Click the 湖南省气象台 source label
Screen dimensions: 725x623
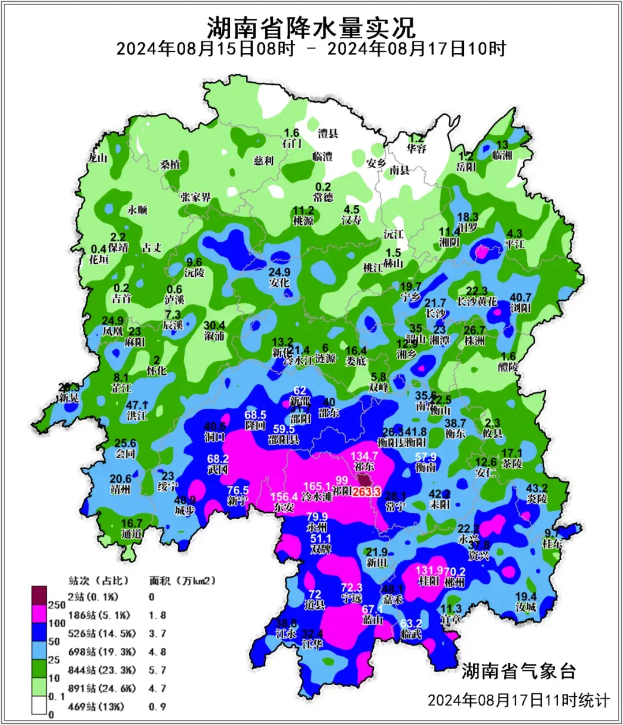[519, 670]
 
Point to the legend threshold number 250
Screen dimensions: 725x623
[56, 605]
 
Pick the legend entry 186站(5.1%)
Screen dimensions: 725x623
[99, 615]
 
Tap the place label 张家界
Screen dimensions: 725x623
[196, 198]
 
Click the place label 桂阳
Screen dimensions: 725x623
[429, 581]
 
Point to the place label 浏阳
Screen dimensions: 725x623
[520, 308]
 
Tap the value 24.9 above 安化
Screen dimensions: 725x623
[280, 272]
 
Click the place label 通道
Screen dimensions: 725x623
[132, 534]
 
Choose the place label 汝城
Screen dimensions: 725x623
[526, 607]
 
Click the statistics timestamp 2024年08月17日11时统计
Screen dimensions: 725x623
[518, 700]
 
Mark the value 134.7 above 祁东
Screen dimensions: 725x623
[364, 456]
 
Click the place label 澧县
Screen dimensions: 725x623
[328, 134]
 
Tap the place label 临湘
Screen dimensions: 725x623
[502, 155]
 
